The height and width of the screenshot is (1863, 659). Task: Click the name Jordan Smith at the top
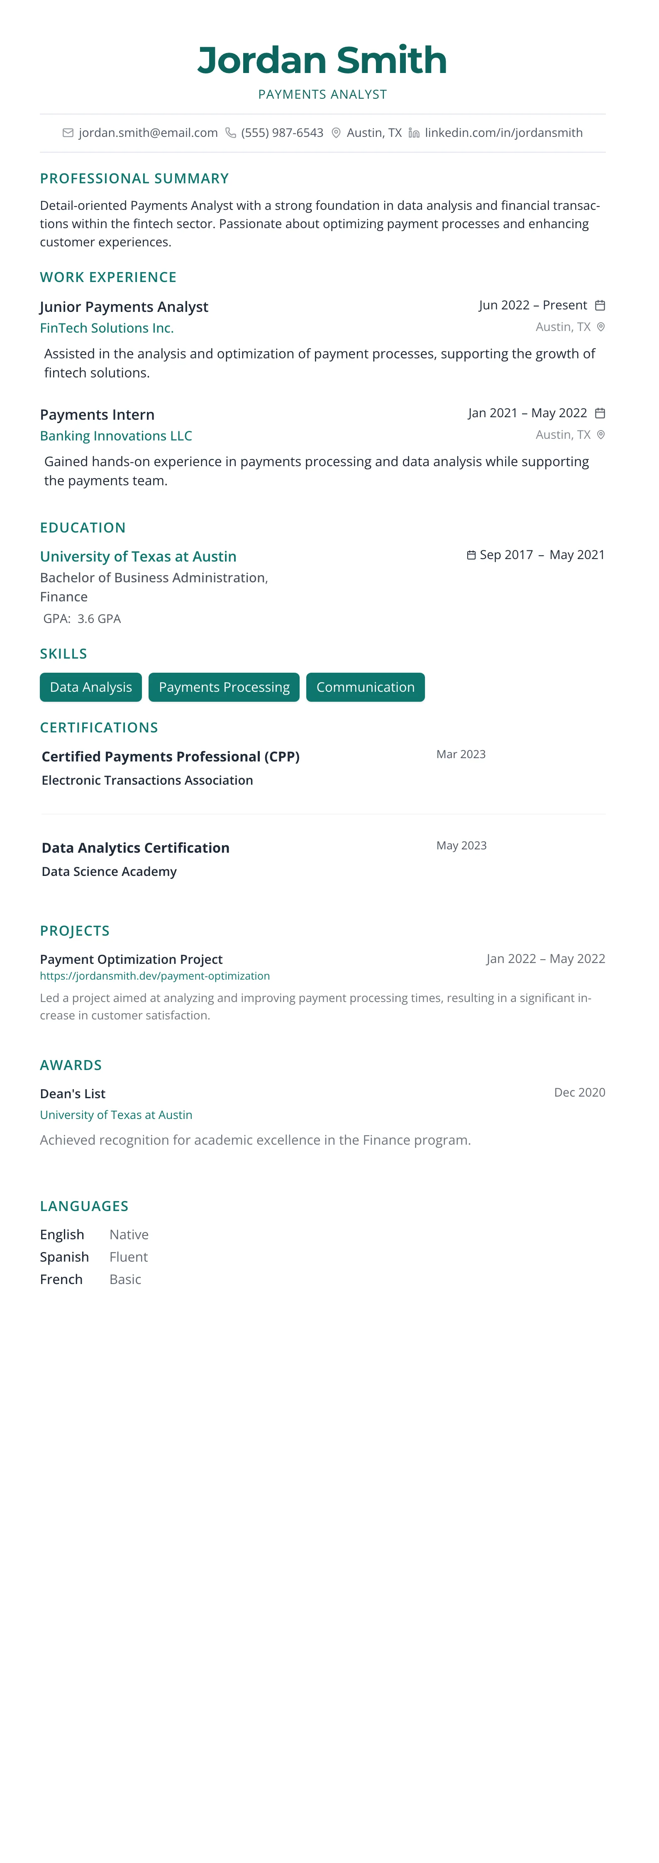point(322,60)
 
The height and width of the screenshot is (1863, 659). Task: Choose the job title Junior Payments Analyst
point(124,306)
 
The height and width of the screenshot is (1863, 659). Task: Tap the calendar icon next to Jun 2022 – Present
point(600,305)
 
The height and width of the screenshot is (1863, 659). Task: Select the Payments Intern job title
point(97,414)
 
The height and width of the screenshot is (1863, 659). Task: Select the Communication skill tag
point(365,687)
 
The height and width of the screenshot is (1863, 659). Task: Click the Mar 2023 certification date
point(461,754)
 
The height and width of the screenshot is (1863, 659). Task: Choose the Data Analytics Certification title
point(135,848)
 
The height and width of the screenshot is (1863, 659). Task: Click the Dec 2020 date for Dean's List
point(579,1092)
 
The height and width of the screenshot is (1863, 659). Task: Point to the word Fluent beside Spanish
point(128,1257)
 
